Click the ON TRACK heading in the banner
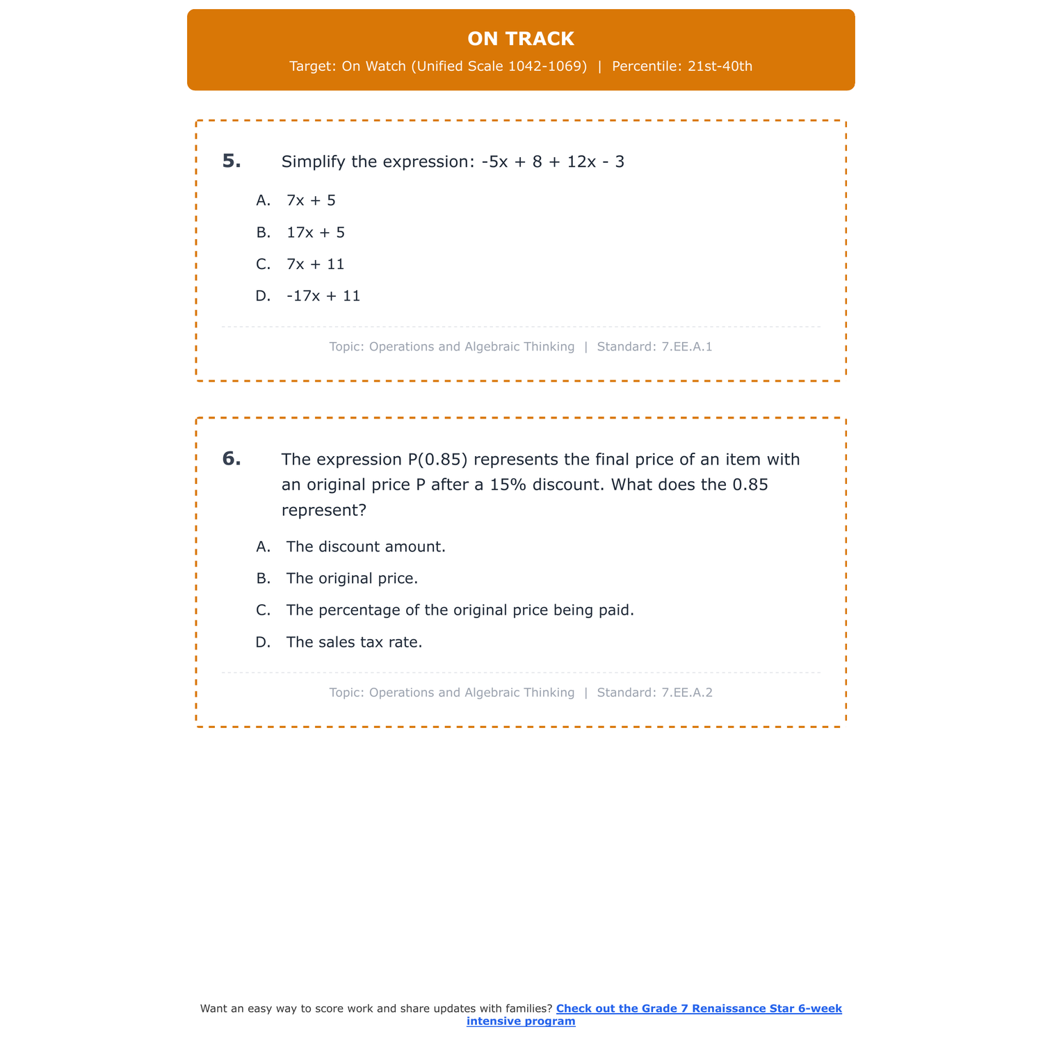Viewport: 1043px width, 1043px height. pos(521,39)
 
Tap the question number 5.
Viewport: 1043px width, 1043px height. pos(232,161)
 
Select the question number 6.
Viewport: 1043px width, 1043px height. pos(232,459)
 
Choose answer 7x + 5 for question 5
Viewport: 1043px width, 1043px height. pos(311,201)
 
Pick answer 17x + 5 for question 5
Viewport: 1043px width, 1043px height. pos(316,233)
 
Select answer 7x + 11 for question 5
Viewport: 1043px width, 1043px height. pos(316,265)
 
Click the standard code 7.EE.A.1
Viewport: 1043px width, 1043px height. pos(687,347)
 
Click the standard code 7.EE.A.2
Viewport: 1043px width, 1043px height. pos(687,693)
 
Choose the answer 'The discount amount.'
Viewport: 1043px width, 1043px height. pos(366,547)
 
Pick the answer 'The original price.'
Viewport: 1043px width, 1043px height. pos(352,579)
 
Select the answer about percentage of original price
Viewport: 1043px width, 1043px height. pos(460,611)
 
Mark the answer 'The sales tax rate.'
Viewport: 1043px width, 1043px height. pos(354,643)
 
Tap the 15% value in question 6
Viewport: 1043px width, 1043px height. pos(508,485)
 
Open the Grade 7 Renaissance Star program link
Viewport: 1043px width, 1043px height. pos(698,1009)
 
